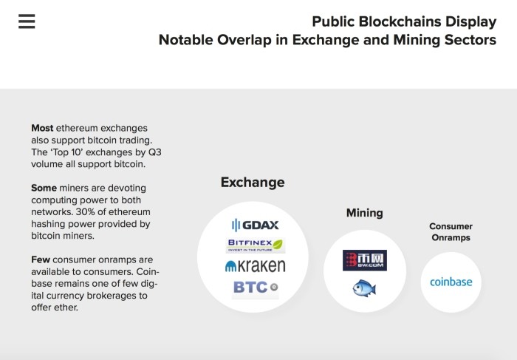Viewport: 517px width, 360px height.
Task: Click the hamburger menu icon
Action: [27, 21]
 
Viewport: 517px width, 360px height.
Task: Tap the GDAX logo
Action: [256, 225]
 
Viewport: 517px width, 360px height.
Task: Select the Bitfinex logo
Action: [256, 245]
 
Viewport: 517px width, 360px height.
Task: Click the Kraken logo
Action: [256, 266]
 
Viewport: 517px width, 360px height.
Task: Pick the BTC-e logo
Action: [256, 288]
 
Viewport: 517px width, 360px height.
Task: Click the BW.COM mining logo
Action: [365, 260]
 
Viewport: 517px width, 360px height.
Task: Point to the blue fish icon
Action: [364, 288]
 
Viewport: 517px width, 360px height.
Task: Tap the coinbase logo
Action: [451, 282]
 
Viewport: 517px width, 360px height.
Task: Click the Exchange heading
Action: [253, 182]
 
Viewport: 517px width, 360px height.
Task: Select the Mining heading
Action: [365, 213]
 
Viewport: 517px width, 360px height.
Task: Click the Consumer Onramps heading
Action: [451, 232]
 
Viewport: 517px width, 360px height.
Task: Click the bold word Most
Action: [42, 128]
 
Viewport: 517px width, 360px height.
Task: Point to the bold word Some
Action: [44, 188]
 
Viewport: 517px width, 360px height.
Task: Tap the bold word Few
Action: [41, 259]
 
